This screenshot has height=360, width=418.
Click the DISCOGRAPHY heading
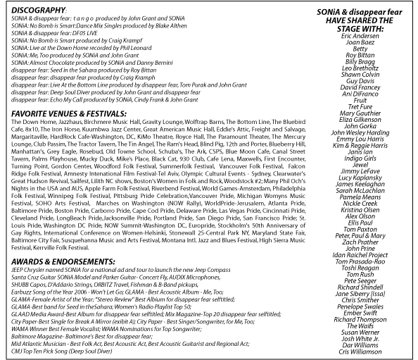38,11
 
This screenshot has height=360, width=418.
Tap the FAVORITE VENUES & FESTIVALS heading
69,114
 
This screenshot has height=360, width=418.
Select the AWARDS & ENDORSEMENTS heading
63,261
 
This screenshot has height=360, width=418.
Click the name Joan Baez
360,42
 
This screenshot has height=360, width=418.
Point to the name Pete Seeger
360,281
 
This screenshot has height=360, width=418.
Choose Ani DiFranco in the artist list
360,94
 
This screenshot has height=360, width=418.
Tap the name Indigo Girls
360,159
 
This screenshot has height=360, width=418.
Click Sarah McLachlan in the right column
360,190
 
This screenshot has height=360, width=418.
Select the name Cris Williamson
360,352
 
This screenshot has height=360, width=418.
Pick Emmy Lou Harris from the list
360,139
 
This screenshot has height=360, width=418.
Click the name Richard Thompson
360,319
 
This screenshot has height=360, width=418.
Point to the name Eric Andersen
360,36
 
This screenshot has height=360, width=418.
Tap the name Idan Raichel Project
360,255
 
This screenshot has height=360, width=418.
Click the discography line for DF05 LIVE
54,33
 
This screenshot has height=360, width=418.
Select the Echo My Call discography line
104,100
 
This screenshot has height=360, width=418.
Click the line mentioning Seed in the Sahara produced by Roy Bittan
84,70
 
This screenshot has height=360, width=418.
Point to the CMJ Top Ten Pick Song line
62,351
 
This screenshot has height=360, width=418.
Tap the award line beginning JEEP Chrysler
121,270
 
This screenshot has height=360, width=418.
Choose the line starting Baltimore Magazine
82,337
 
